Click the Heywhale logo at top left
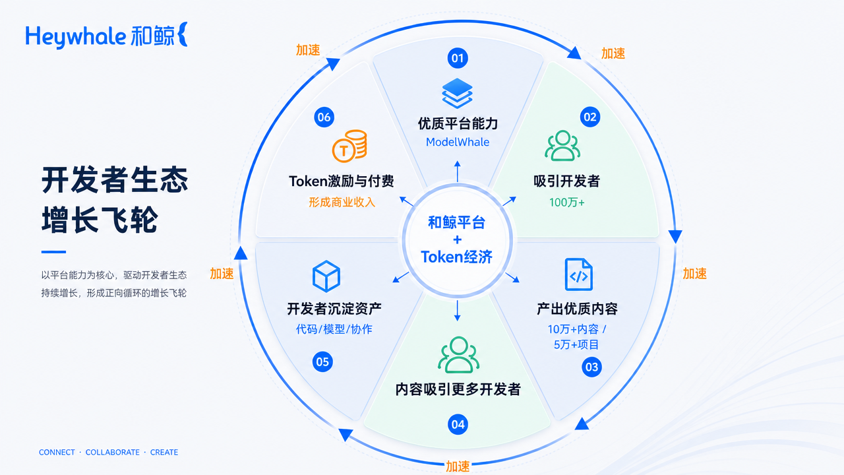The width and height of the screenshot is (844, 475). point(107,35)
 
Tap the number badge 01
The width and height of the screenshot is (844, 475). point(458,58)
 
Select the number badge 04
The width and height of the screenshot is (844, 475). point(458,424)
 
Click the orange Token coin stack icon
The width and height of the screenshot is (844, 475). point(349,146)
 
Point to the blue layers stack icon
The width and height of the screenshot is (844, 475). point(457,93)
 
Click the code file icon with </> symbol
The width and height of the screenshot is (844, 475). point(578,274)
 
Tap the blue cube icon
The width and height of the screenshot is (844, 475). point(326,276)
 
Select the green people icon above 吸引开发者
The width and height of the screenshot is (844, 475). point(562,146)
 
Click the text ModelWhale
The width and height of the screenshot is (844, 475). point(458,142)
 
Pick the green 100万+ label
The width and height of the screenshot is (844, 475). point(566,203)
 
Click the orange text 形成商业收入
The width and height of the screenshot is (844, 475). point(342,203)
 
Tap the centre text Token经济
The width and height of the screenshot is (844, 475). point(457,257)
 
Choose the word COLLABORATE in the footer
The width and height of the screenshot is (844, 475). point(112,452)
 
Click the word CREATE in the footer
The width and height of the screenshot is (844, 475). point(164,452)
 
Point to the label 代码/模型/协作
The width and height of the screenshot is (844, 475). point(334,329)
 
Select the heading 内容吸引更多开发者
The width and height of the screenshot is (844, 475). point(458,389)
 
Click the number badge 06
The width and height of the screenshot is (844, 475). point(324,117)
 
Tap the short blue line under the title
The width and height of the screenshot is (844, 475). point(53,252)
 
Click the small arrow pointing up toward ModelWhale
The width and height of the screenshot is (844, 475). point(458,172)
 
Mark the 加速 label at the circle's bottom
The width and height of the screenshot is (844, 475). point(458,466)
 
